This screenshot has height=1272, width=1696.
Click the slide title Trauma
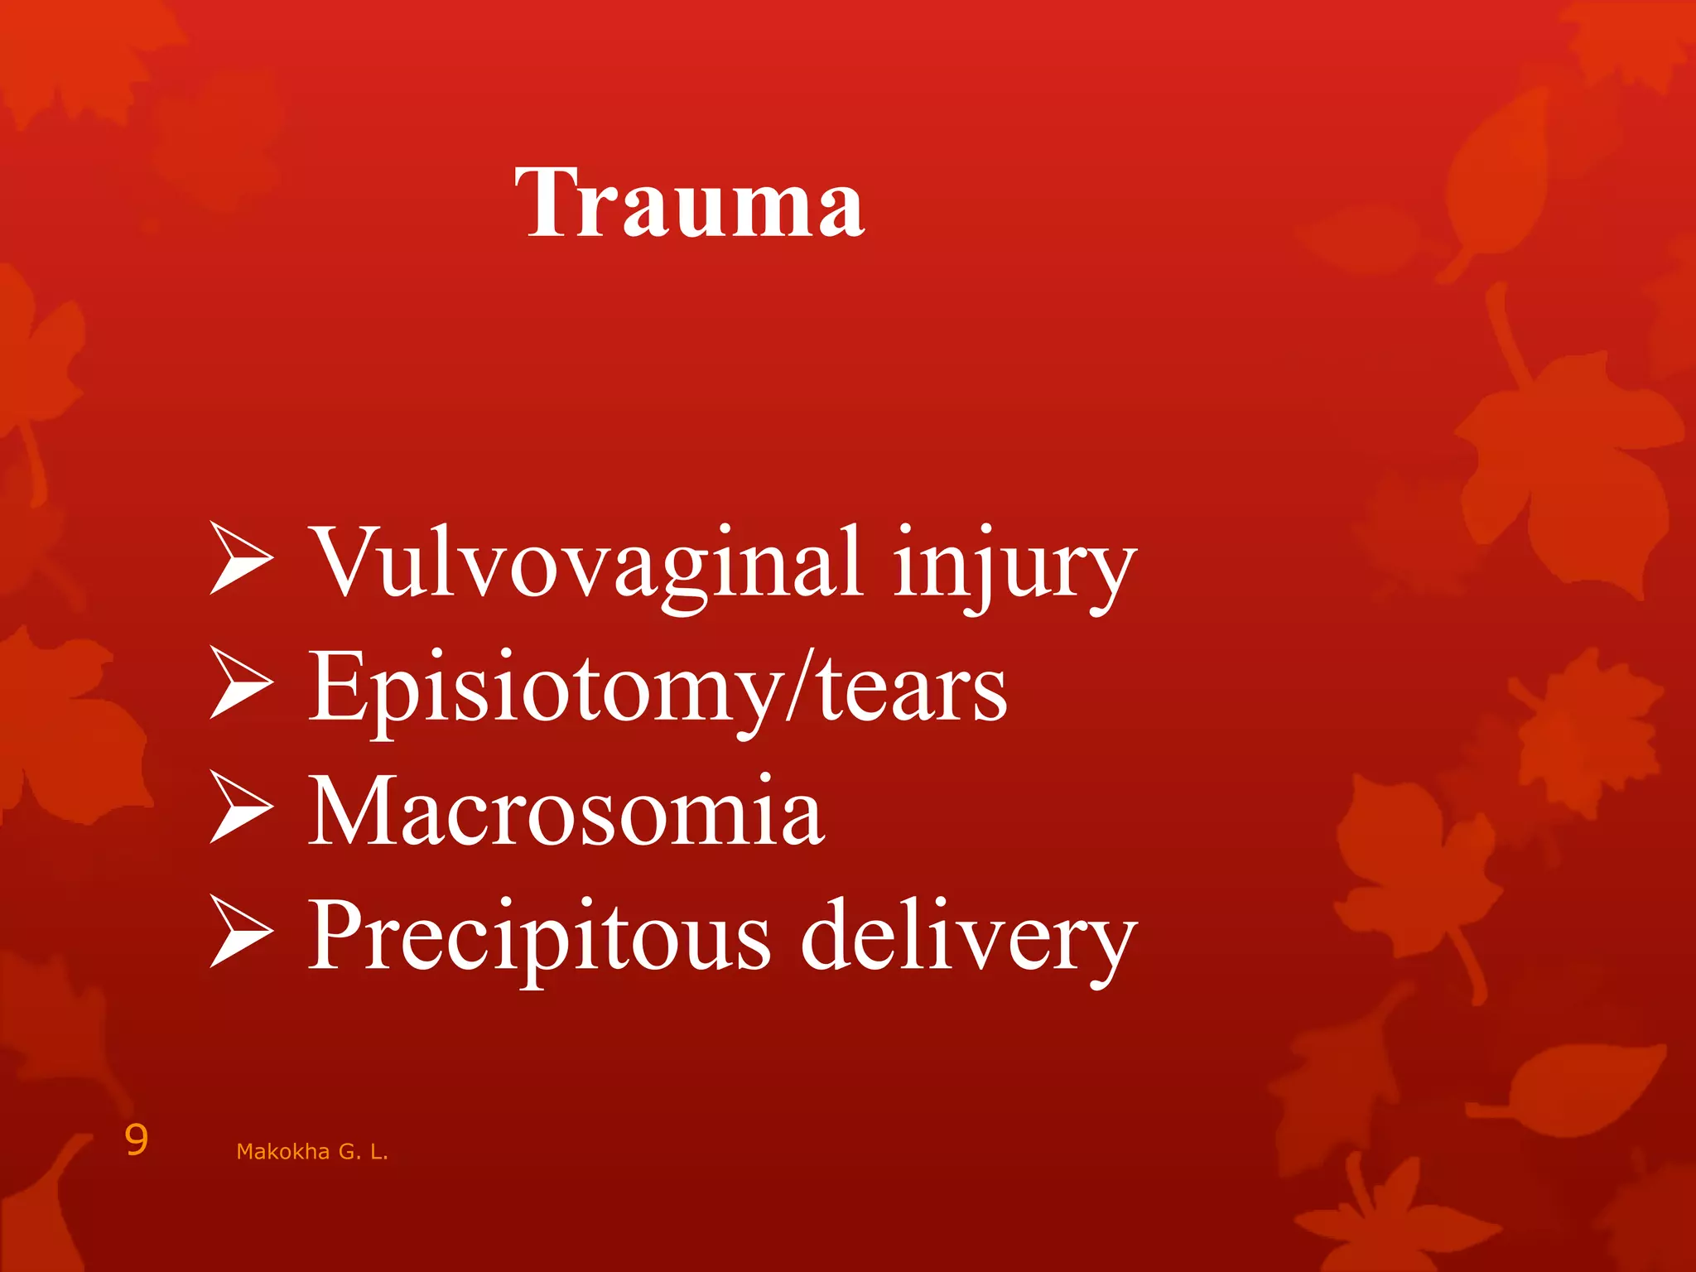(689, 203)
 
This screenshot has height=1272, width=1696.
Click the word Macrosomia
(566, 812)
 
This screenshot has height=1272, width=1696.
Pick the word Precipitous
(538, 936)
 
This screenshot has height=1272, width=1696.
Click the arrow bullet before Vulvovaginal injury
(240, 558)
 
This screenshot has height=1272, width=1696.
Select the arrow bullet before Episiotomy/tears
(240, 682)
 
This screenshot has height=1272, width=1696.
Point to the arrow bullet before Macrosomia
(240, 807)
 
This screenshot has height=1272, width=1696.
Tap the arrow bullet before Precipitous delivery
(240, 931)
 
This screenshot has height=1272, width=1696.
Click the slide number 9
(137, 1141)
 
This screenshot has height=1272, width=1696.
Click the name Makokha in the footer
(282, 1152)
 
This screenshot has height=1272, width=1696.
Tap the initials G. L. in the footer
(363, 1152)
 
